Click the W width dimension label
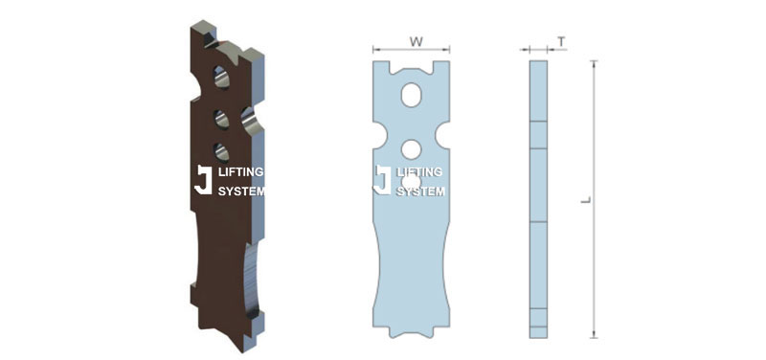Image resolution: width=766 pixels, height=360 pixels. pos(417,42)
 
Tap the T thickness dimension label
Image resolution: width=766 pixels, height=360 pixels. pos(562,42)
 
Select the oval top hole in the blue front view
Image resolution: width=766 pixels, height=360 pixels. pos(412,95)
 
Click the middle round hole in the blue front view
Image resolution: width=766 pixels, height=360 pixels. pos(412,149)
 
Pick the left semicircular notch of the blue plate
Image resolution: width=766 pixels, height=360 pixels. pos(379,135)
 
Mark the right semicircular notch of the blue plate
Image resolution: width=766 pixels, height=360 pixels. pos(443,135)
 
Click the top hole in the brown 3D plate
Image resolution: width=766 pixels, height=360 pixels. pos(221,78)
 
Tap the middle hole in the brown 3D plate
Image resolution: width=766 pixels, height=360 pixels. pos(221,120)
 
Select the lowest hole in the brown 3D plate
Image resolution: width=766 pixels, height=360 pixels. pos(221,152)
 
